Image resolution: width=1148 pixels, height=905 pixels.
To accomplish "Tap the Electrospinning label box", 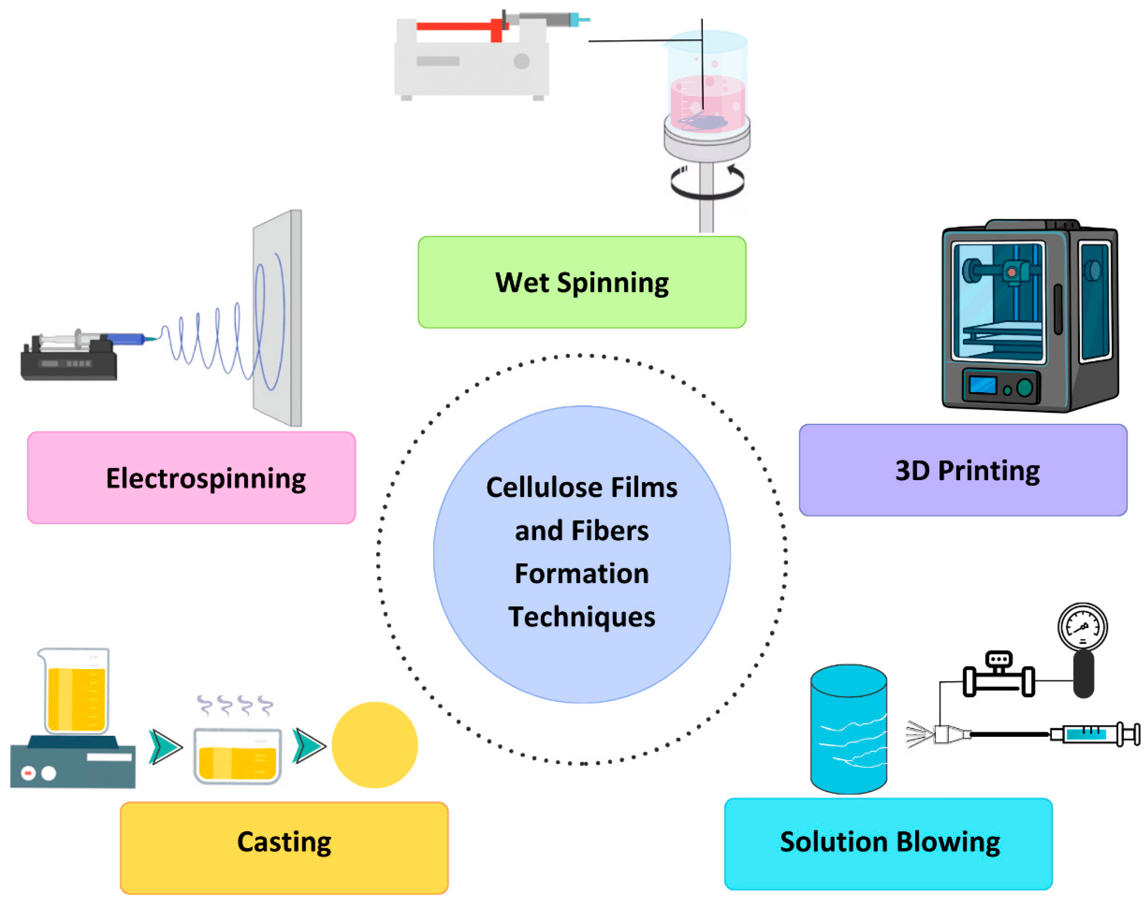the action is [191, 477].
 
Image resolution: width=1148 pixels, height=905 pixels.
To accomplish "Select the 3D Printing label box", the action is [963, 469].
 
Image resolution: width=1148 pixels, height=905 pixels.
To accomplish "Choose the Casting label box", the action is [284, 848].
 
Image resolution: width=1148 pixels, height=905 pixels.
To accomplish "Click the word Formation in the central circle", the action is [581, 573].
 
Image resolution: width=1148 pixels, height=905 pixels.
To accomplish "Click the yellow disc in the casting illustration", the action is [375, 744].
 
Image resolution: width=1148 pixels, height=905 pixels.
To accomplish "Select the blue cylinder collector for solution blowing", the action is [849, 729].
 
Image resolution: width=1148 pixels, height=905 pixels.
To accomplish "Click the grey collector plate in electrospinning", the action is [278, 318].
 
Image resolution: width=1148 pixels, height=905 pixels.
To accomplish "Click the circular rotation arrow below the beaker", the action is [707, 182].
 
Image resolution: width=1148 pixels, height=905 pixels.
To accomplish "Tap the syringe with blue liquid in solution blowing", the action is [1095, 734].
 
